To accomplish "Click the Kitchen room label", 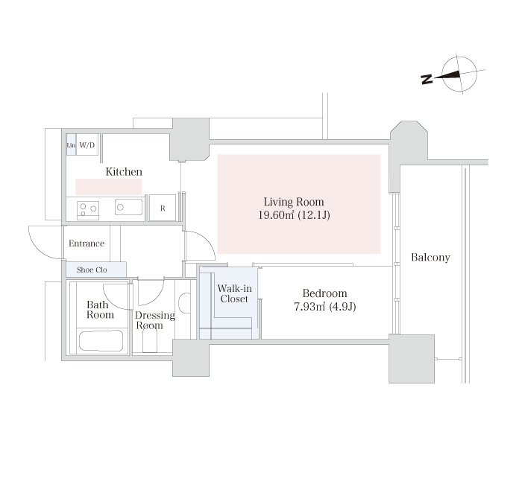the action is (124, 171).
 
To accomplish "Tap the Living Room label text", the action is (294, 202).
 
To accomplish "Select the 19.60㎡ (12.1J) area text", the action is (295, 215).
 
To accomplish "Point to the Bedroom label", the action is (324, 293).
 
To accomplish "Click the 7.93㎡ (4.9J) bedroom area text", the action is (325, 307).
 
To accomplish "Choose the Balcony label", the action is (430, 258).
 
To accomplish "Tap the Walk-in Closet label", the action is (234, 293).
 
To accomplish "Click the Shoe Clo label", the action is (92, 270).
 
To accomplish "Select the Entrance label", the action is (87, 243).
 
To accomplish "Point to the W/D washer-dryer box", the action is (87, 144).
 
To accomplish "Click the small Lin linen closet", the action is (71, 144).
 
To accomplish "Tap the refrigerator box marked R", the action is (163, 208).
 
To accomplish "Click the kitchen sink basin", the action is (128, 207).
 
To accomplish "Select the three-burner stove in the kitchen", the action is (88, 211).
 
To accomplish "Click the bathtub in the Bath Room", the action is (101, 341).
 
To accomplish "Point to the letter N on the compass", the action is (427, 80).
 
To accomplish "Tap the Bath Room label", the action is (100, 310).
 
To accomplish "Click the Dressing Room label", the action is (154, 320).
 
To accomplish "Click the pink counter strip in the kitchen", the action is (109, 187).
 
